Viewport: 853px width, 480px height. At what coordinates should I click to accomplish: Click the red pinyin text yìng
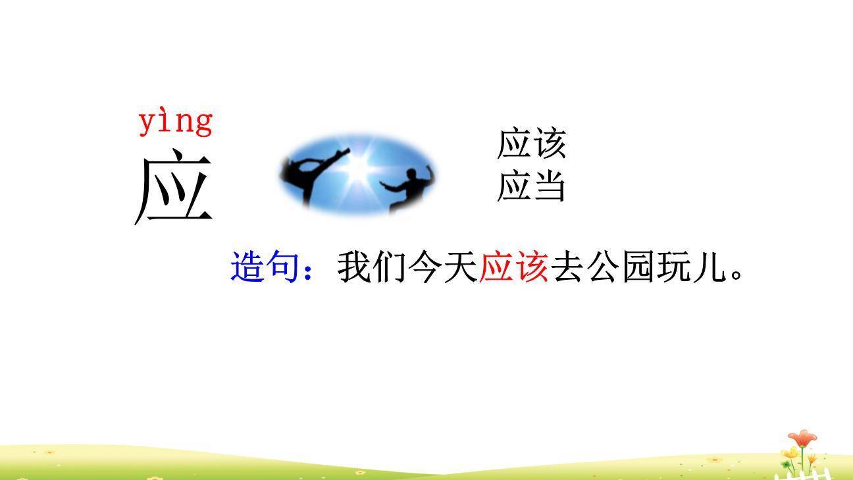[175, 122]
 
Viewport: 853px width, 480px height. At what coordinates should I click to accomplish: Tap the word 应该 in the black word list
[531, 144]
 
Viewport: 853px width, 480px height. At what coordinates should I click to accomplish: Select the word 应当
[531, 186]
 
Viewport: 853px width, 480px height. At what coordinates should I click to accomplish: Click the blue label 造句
[265, 267]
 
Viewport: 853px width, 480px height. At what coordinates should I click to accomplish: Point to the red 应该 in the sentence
[513, 267]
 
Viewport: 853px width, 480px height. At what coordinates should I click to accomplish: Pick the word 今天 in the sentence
[442, 267]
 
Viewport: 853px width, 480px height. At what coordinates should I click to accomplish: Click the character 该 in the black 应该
[549, 144]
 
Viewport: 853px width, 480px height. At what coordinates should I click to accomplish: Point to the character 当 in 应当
[549, 186]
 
